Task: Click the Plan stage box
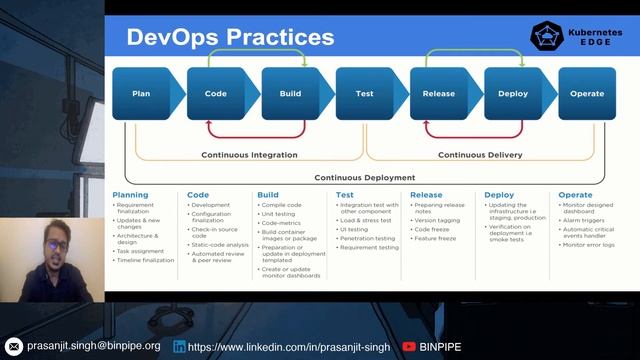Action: coord(141,94)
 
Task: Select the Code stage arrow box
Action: coord(215,94)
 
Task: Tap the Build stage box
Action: coord(290,94)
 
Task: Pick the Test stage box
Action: coord(365,94)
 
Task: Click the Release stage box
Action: coord(439,94)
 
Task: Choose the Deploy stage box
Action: coord(513,94)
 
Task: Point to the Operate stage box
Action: coord(587,94)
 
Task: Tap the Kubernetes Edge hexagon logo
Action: coord(546,37)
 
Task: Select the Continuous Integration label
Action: coord(249,155)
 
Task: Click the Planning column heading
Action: coord(130,195)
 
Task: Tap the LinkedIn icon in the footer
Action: coord(179,346)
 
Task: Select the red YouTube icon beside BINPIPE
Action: coord(409,346)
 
